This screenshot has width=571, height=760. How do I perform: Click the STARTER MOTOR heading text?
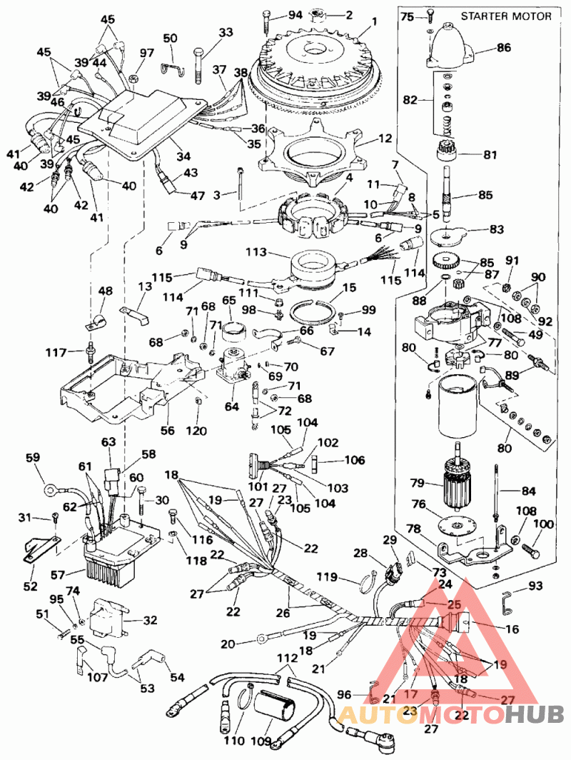[x=505, y=16]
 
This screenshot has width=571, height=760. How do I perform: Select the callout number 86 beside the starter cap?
[x=504, y=49]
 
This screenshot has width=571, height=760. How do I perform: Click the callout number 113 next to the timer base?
[x=256, y=252]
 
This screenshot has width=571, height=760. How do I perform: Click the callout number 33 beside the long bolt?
[x=226, y=32]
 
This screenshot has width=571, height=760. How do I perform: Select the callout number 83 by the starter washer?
[x=495, y=229]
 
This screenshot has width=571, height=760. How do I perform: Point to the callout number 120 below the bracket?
[x=196, y=431]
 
